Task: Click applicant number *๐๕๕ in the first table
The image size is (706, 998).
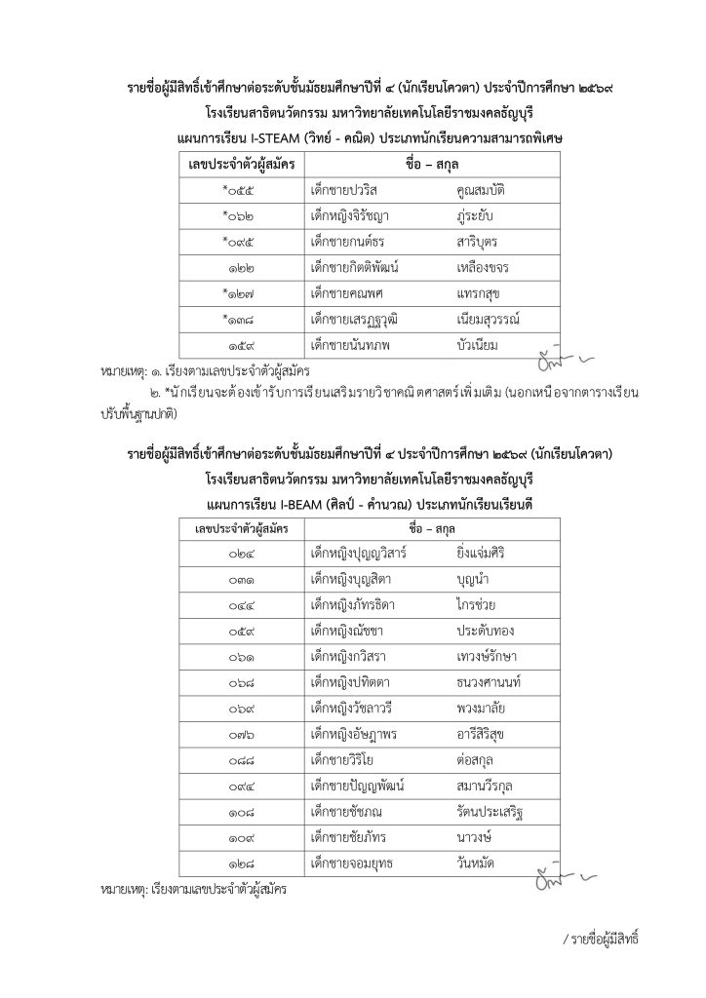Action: pyautogui.click(x=237, y=190)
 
